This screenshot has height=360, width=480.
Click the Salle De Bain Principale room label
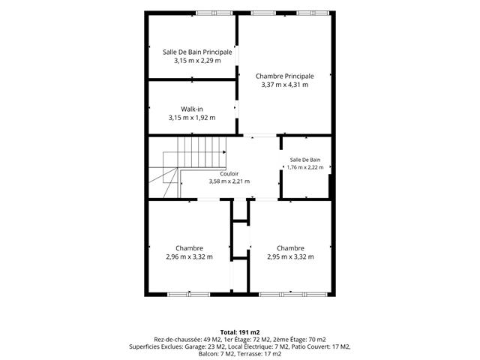(197, 52)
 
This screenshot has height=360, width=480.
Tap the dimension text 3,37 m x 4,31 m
(285, 85)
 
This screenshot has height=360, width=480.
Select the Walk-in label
(192, 109)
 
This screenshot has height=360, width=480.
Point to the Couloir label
(229, 174)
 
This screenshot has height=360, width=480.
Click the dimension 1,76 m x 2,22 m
(305, 167)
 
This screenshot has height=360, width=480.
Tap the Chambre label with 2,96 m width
(189, 248)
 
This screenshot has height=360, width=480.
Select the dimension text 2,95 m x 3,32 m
(290, 256)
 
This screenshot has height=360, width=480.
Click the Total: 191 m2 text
(240, 332)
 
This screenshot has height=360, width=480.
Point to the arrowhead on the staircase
(224, 152)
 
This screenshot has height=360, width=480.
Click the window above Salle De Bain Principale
(214, 13)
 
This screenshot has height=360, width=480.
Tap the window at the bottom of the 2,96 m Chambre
(189, 295)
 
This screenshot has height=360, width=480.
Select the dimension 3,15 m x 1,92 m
(192, 118)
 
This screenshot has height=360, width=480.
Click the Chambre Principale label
(285, 76)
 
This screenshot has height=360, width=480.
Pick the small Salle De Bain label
(305, 160)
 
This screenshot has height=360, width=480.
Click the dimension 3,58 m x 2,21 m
(229, 181)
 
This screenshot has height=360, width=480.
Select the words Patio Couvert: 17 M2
(321, 346)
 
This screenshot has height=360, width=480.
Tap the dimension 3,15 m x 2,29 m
(197, 61)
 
